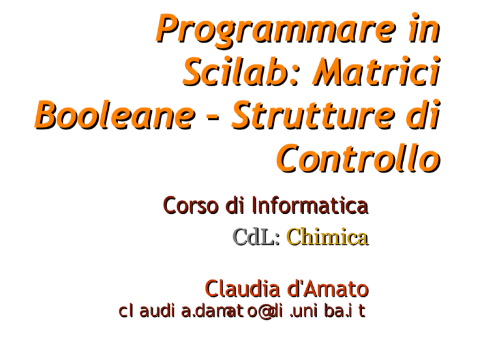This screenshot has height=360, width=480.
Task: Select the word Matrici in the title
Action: point(376,71)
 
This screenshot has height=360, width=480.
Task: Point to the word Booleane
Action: point(115,115)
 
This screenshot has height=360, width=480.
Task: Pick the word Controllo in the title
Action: point(358,158)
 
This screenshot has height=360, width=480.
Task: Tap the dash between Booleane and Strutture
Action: point(213,117)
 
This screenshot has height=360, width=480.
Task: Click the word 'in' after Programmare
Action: point(424,29)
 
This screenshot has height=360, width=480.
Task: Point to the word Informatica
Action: point(310,205)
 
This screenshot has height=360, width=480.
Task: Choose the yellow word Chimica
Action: point(327,237)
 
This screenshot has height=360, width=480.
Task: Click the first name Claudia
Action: point(242,289)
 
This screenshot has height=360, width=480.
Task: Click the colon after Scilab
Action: point(292,76)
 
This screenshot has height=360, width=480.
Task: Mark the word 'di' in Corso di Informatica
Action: point(235,205)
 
